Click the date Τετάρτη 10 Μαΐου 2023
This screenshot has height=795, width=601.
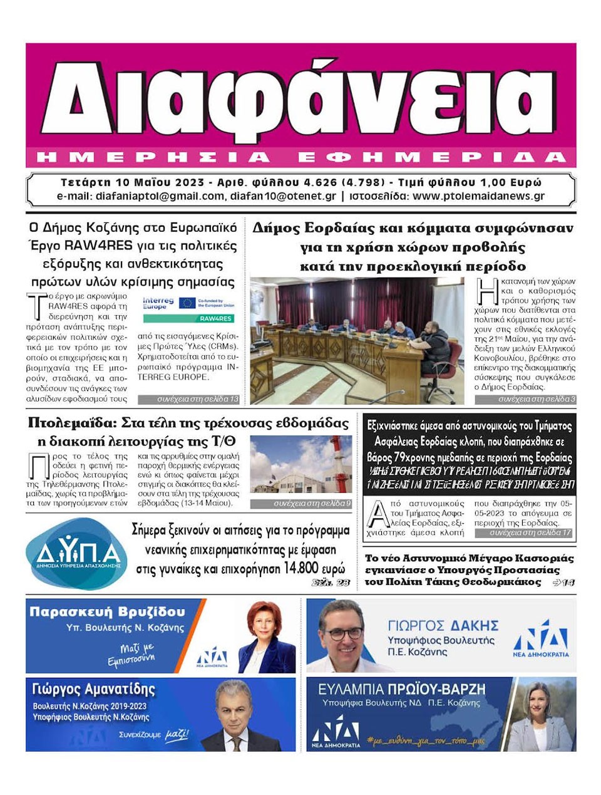[132, 183]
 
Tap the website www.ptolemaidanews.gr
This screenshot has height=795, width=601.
[479, 196]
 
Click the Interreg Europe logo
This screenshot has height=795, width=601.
[158, 304]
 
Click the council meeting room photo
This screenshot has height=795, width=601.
[357, 341]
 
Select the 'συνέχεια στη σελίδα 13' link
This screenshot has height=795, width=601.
[188, 399]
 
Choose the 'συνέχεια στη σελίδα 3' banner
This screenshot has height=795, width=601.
[525, 399]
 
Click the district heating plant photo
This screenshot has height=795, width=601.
[300, 464]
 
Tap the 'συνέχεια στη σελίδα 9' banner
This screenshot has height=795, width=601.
[300, 504]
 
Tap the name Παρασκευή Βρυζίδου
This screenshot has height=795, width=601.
[107, 611]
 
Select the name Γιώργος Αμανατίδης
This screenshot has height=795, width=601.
[93, 689]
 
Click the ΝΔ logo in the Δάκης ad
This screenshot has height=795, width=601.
[540, 639]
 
